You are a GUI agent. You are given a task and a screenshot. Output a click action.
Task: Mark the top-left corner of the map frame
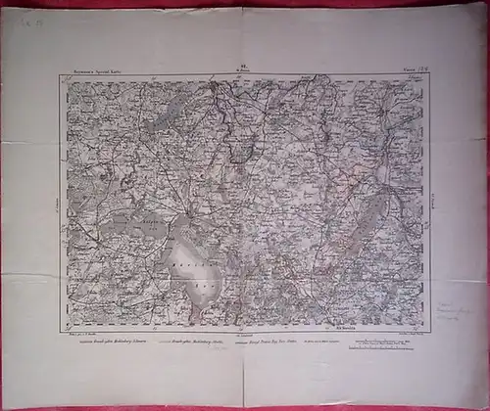click(x=62, y=77)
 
